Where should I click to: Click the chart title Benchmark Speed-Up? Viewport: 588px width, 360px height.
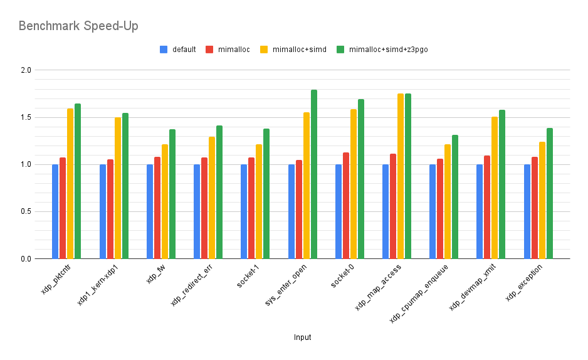point(78,26)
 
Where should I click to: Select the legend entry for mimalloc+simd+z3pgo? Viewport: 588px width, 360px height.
point(388,49)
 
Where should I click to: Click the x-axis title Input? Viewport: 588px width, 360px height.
point(302,337)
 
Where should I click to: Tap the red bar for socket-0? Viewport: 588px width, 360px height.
point(346,206)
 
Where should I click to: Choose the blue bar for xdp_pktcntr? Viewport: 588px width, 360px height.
point(55,211)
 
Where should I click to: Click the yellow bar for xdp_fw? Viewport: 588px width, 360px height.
point(165,201)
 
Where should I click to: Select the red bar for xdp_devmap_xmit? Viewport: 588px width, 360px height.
point(487,207)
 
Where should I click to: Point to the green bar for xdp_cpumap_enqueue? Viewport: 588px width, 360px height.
point(456,197)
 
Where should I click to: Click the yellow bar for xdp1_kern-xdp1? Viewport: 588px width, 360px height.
point(118,188)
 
